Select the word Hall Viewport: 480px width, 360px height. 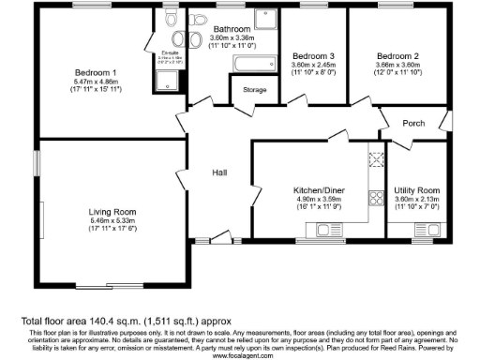tap(219, 172)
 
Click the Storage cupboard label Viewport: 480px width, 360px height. tap(254, 91)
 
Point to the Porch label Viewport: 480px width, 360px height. tap(413, 123)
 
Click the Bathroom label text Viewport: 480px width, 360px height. tap(231, 29)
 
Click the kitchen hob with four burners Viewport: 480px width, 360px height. tap(379, 198)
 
